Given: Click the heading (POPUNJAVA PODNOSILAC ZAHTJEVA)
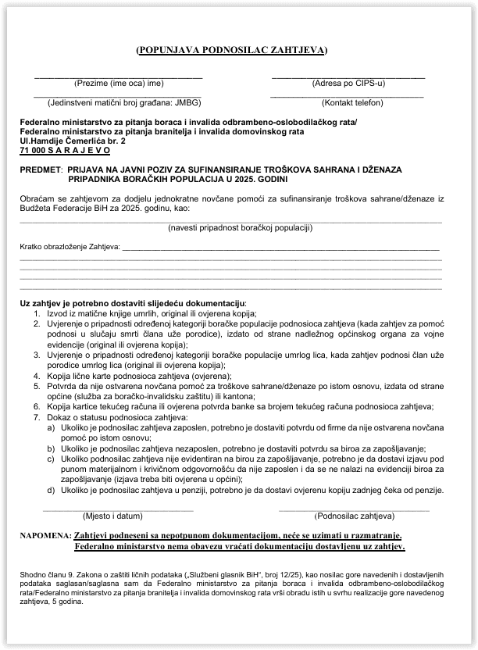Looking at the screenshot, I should (x=231, y=50).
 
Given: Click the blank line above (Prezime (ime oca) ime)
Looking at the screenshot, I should (x=118, y=77).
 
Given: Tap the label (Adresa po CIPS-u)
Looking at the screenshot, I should (x=348, y=83).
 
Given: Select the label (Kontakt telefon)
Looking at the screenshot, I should (x=352, y=102).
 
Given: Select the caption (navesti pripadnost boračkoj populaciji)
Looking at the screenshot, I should (x=241, y=228).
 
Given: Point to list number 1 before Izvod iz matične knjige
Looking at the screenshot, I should (x=36, y=312).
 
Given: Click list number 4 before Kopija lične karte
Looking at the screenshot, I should (x=36, y=375).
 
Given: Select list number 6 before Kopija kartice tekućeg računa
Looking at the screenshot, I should (x=36, y=406).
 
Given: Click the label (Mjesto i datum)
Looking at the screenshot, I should (x=112, y=516).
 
